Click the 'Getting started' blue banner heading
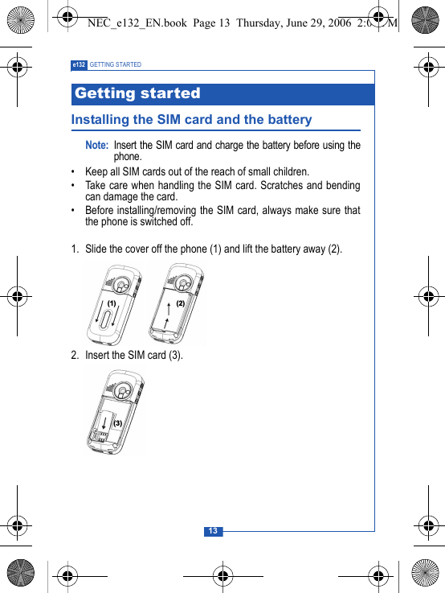point(137,93)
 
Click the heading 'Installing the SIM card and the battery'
point(191,120)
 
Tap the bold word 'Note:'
point(97,145)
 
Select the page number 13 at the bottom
point(213,531)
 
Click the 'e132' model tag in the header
point(79,64)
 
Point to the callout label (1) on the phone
point(112,303)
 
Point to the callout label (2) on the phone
point(180,303)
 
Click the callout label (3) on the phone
point(117,422)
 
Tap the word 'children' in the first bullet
point(288,171)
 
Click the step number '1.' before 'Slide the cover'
point(75,249)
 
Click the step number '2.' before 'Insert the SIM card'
point(75,355)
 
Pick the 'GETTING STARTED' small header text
point(116,64)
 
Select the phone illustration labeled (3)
point(116,412)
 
